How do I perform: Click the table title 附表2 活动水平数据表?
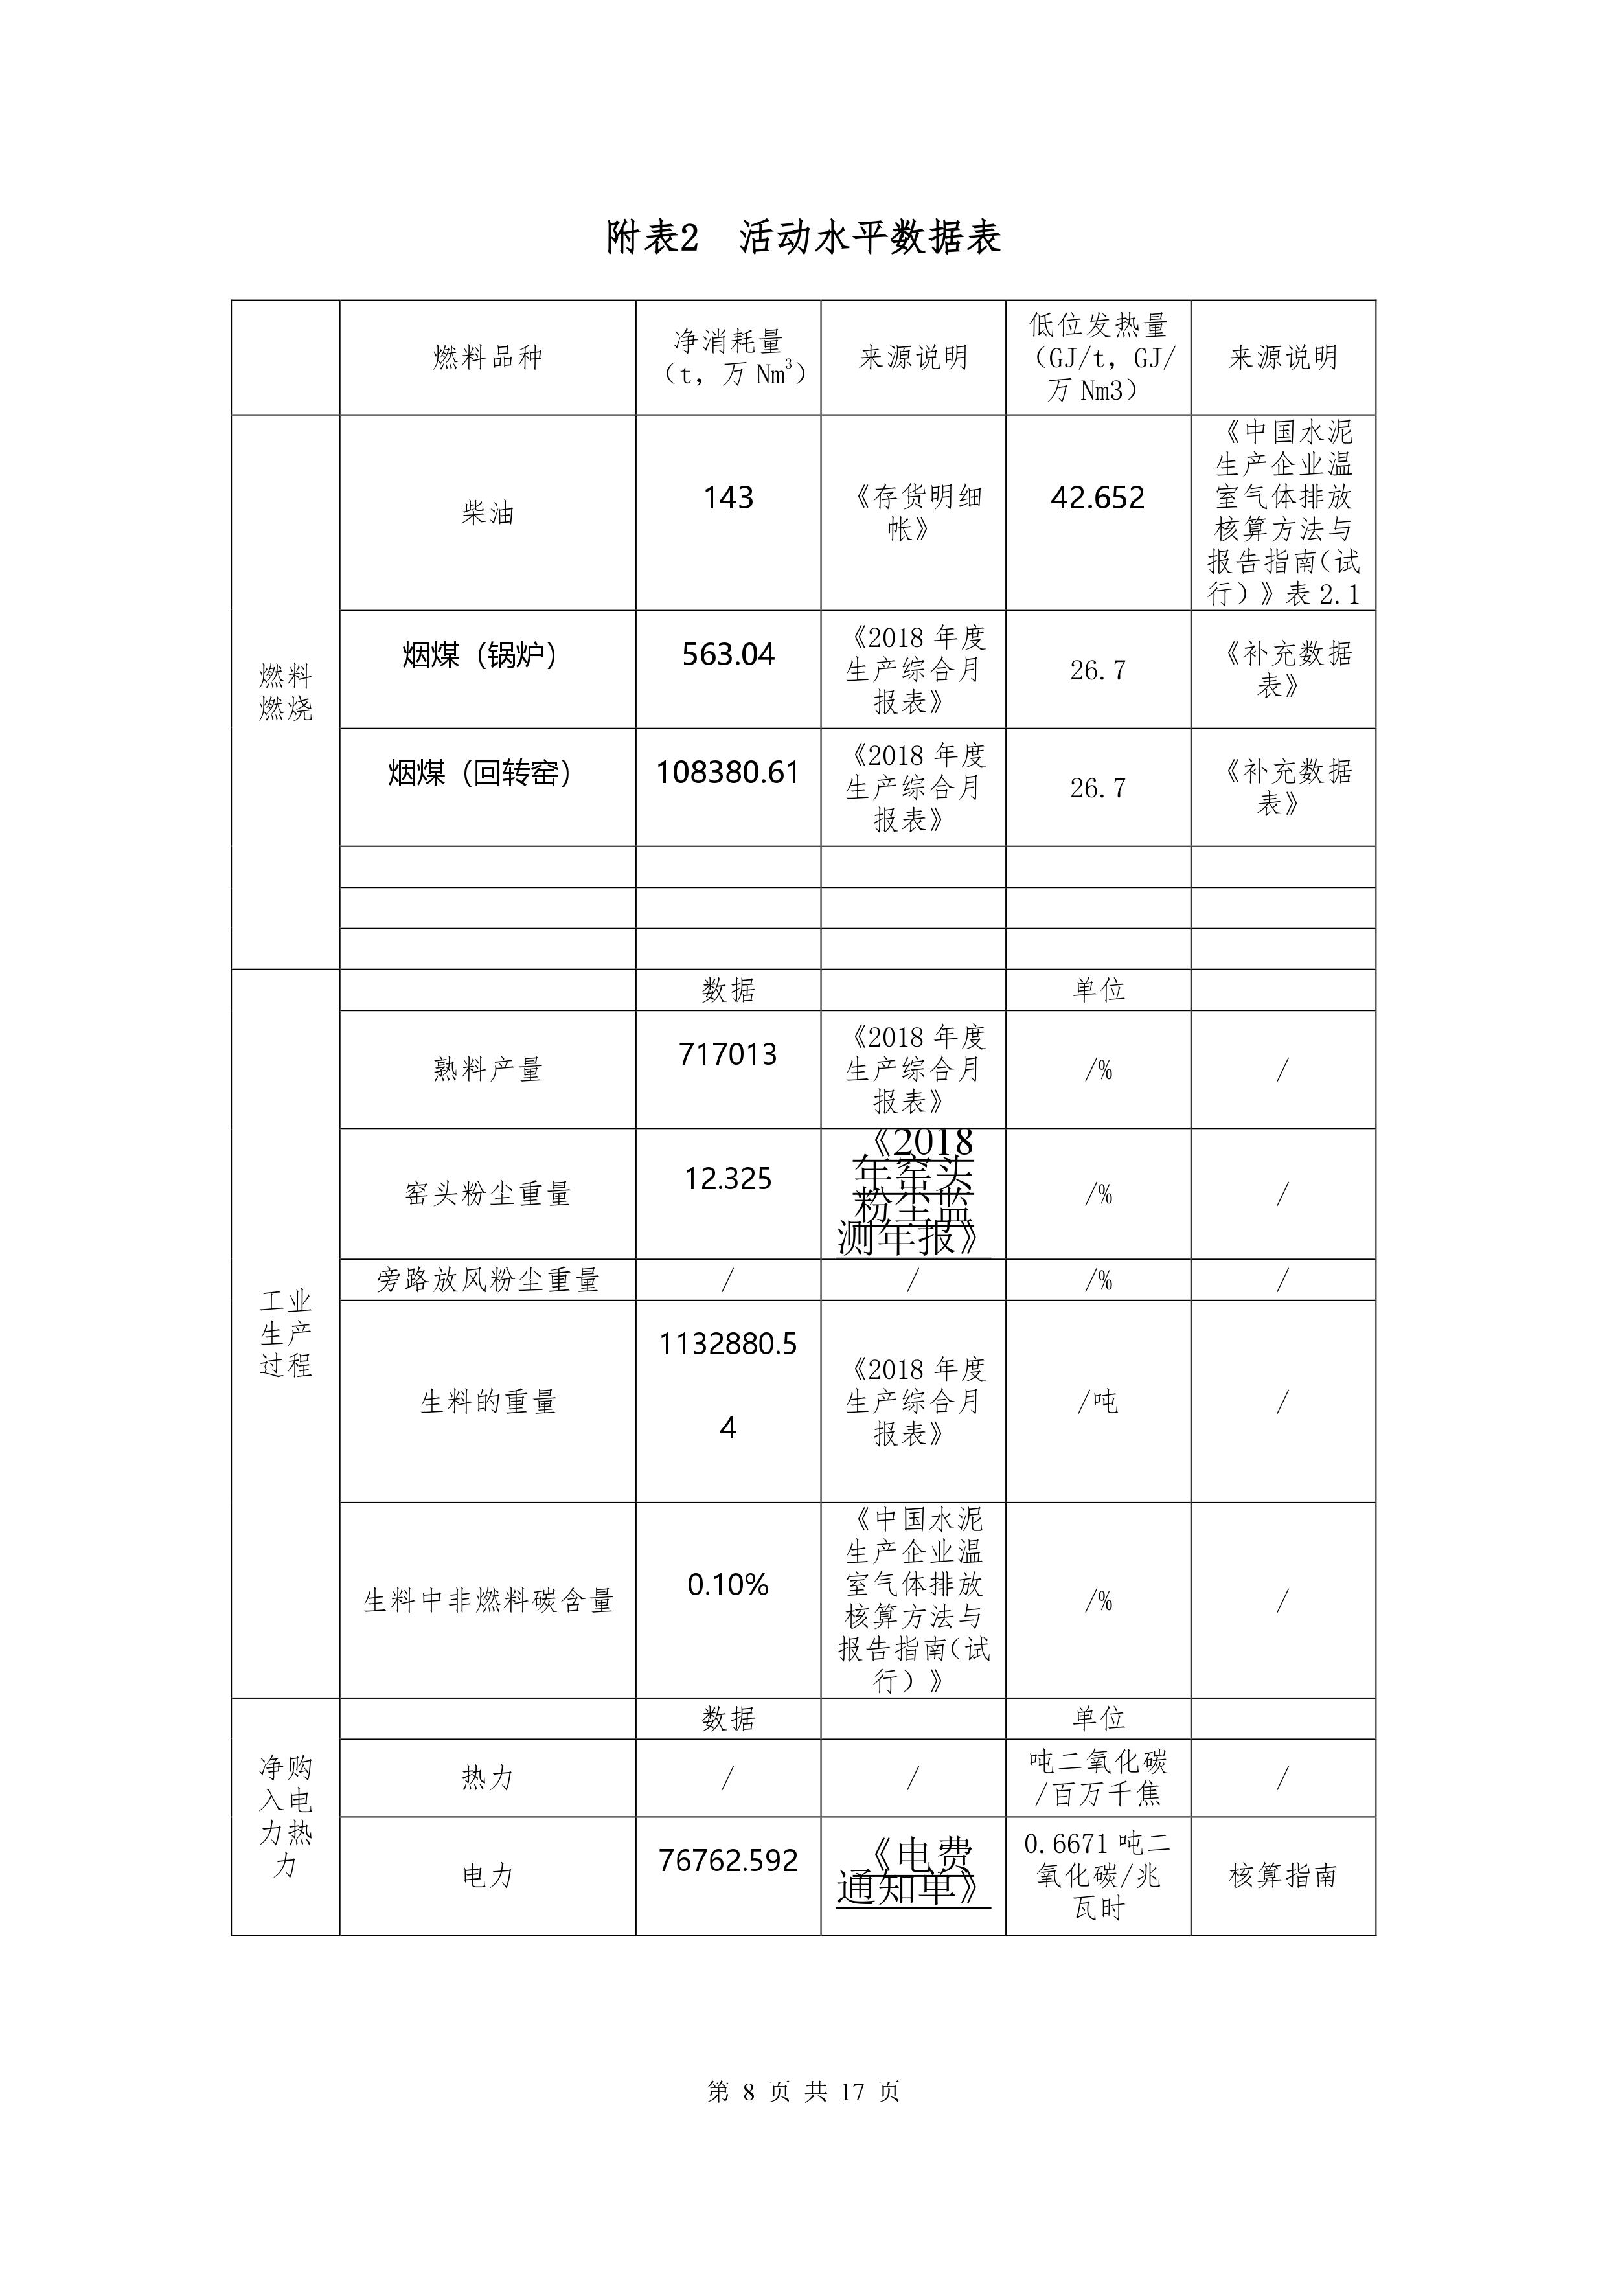click(x=803, y=238)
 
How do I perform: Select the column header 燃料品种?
click(x=487, y=358)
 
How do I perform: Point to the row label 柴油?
click(x=487, y=512)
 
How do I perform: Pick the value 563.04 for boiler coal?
click(x=728, y=654)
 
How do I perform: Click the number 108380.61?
click(x=728, y=772)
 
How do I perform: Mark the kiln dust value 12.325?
click(x=728, y=1179)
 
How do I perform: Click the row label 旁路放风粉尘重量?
click(x=487, y=1280)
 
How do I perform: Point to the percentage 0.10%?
click(x=728, y=1585)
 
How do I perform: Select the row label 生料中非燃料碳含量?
click(x=487, y=1600)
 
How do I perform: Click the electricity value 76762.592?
click(x=728, y=1860)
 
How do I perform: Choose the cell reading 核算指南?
click(x=1282, y=1875)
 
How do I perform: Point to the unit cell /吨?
click(x=1097, y=1401)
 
